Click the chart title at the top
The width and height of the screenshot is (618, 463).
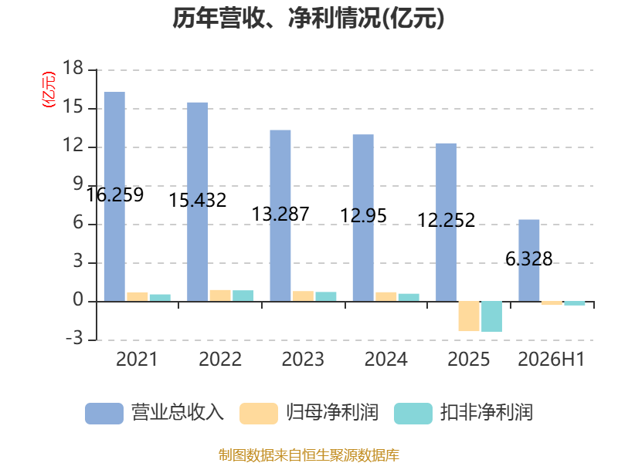coord(308,18)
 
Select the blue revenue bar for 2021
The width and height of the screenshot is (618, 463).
coord(114,197)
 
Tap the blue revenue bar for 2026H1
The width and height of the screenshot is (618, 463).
coord(529,261)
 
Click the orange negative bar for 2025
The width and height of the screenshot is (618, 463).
coord(469,316)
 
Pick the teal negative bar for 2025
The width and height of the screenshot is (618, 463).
coord(492,316)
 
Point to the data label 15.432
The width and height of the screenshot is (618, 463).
coord(198,200)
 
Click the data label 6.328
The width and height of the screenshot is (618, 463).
coord(529,259)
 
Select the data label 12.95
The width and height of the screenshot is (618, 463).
coord(363,215)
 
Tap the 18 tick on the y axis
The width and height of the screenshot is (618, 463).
coord(73,68)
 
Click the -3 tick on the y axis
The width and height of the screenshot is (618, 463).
coord(74,338)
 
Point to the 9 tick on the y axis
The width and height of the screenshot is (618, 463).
coord(79,184)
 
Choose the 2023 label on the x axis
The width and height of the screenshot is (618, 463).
coord(303,359)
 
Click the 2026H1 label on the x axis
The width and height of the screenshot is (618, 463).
coord(551,359)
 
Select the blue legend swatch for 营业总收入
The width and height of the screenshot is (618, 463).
coord(104,414)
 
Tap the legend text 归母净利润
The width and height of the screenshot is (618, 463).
coord(332,413)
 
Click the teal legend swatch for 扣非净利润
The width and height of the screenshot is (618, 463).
coord(413,414)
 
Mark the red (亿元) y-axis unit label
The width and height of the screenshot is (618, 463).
coord(49,90)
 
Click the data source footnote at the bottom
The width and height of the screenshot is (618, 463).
coord(309,455)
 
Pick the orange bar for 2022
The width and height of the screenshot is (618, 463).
coord(220,296)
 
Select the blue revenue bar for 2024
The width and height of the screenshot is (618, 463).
coord(363,218)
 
